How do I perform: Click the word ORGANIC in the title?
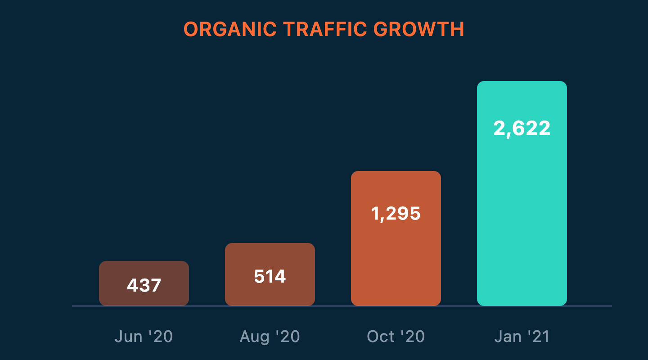click(x=229, y=30)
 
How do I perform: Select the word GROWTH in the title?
click(x=419, y=30)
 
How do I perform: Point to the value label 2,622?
click(x=522, y=129)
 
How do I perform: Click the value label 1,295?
click(x=396, y=213)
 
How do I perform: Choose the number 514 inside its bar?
click(x=270, y=276)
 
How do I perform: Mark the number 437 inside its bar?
click(x=144, y=285)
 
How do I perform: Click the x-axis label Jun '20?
click(x=144, y=337)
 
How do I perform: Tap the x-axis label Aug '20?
click(x=270, y=337)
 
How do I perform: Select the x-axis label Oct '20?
click(x=396, y=337)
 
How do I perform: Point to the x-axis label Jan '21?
click(x=522, y=337)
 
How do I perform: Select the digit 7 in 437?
click(x=156, y=285)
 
